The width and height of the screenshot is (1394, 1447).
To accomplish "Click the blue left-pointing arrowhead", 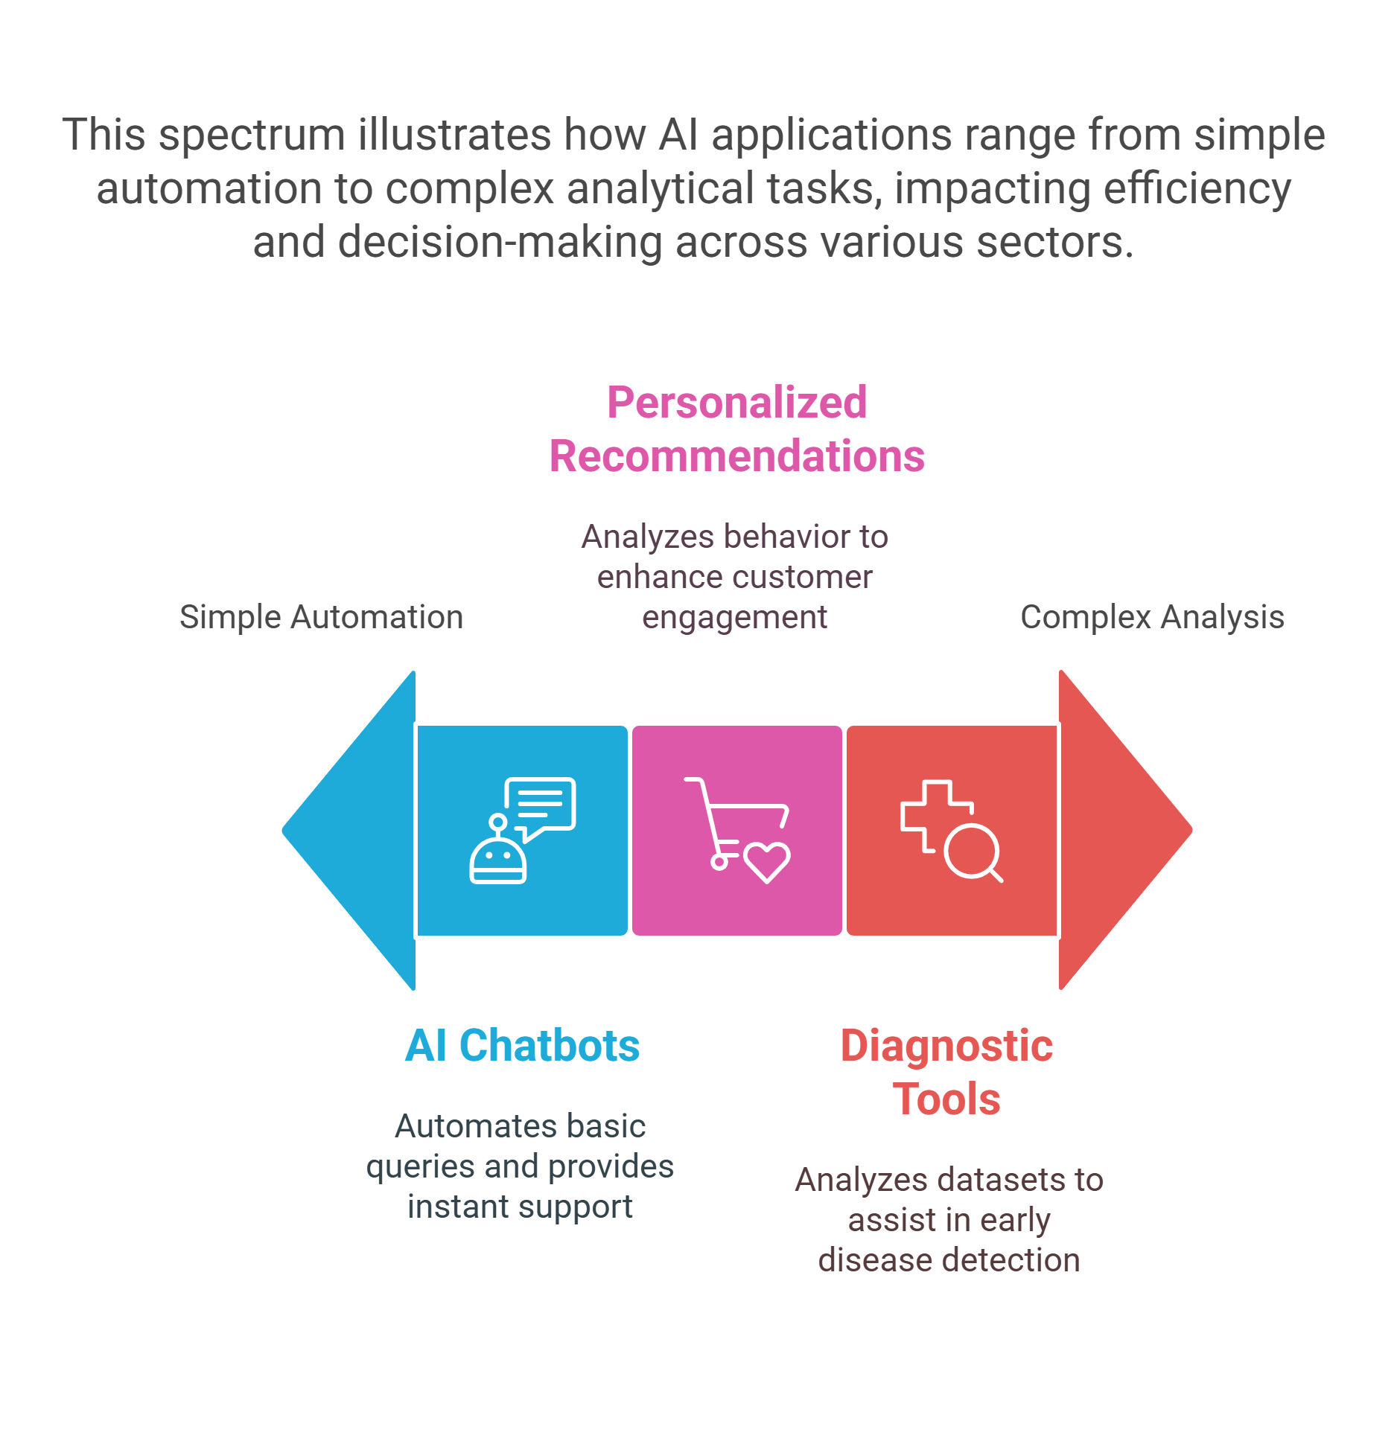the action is (357, 831).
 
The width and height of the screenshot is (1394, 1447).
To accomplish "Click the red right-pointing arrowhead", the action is (1117, 831).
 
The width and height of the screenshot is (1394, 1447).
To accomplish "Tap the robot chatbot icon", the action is (522, 831).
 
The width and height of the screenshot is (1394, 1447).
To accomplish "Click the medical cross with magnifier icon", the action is (952, 831).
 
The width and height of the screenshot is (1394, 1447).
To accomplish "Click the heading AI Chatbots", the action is (522, 1045).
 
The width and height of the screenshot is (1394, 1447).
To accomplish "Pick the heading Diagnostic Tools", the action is (946, 1072).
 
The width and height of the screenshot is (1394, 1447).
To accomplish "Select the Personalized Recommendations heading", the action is (737, 429).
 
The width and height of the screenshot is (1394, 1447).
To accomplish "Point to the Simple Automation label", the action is (321, 617).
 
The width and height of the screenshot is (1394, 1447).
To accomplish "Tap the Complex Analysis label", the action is (1152, 617).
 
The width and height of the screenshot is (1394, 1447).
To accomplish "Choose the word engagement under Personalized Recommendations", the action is (734, 618).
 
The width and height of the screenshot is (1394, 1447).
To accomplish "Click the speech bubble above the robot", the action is (541, 808).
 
